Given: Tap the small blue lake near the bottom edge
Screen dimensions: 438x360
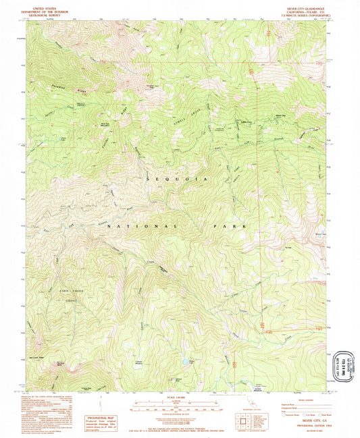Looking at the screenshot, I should [180, 371].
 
